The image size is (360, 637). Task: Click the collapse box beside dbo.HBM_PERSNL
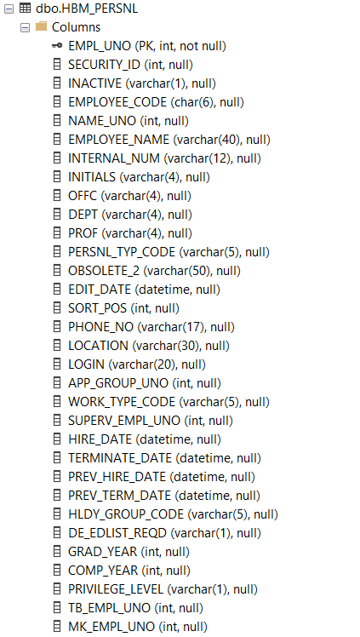(x=9, y=9)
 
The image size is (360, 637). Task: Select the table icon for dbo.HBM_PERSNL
(x=26, y=9)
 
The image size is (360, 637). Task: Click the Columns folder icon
(x=42, y=26)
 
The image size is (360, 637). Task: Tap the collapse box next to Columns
(x=26, y=27)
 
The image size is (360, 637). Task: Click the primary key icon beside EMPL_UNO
(x=57, y=46)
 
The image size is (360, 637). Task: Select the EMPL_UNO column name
(x=100, y=46)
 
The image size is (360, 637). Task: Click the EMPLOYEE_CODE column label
(x=117, y=102)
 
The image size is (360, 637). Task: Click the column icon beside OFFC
(x=57, y=196)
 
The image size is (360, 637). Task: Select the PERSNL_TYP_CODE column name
(x=122, y=252)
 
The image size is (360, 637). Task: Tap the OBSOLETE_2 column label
(x=104, y=271)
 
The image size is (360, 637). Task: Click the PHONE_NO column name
(x=101, y=327)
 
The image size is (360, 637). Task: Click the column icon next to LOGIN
(x=57, y=364)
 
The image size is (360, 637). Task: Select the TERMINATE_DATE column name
(x=120, y=458)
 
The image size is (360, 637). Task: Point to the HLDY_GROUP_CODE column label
(x=126, y=514)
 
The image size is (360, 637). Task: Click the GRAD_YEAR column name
(x=103, y=551)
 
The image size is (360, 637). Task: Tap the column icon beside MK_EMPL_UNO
(x=57, y=626)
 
